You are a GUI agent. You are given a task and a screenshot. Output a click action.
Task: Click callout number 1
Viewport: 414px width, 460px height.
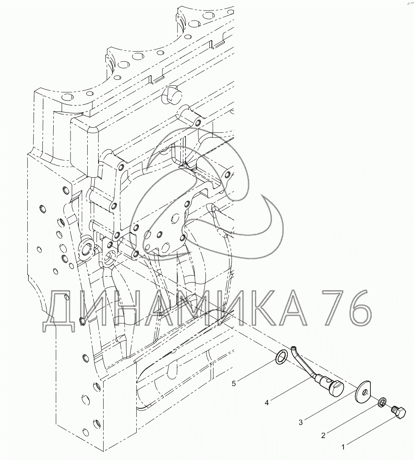pos(343,447)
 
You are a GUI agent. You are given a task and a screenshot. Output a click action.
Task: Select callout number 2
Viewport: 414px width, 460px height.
pos(323,436)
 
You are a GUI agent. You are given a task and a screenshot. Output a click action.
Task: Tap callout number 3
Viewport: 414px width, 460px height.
pos(301,423)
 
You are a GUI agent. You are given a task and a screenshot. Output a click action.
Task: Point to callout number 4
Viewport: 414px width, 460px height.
pos(267,403)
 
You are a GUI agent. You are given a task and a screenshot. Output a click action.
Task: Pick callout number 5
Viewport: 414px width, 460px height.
pos(234,384)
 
